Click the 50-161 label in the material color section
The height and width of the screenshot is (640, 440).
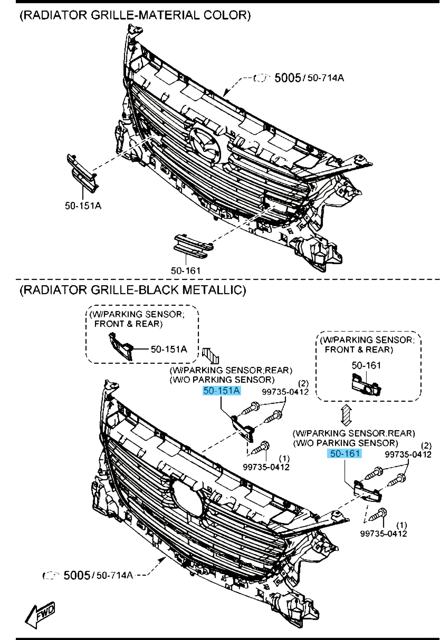pyautogui.click(x=185, y=270)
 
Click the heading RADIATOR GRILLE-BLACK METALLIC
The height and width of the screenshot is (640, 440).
pyautogui.click(x=133, y=289)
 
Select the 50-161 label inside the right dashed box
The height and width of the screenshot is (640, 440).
pyautogui.click(x=366, y=365)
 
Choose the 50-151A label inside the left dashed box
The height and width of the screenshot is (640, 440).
pyautogui.click(x=168, y=349)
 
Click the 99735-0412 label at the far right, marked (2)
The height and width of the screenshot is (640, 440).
pyautogui.click(x=408, y=454)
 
